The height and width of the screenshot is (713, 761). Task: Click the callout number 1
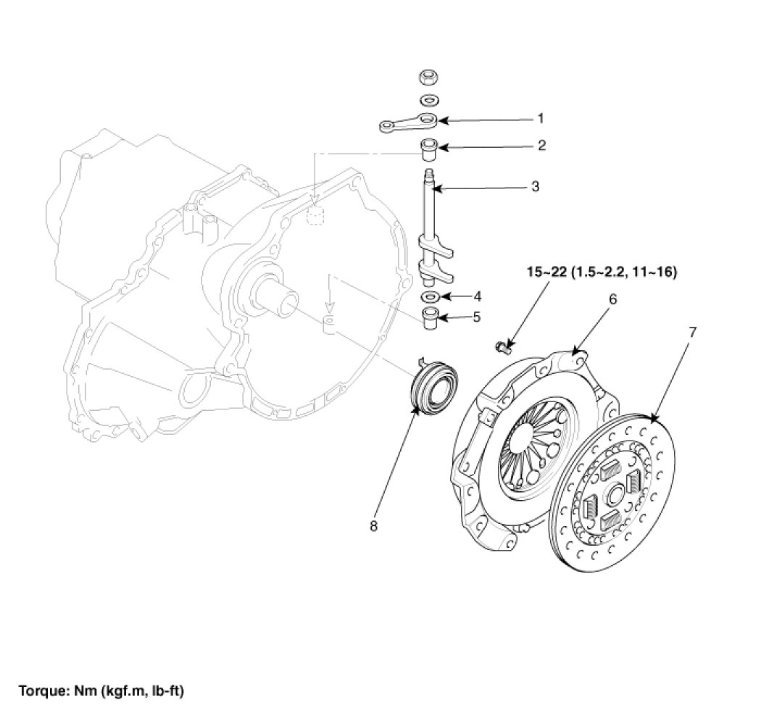(540, 117)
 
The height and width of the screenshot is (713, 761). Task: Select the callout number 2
(541, 146)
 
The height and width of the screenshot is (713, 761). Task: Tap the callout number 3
(535, 187)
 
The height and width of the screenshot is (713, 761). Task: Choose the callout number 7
(692, 332)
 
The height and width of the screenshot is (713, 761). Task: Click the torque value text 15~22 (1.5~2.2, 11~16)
(602, 273)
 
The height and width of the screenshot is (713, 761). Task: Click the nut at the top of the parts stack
(428, 78)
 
